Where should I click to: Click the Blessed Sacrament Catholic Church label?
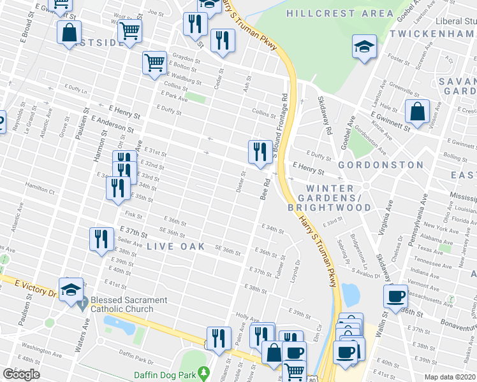[x=129, y=304]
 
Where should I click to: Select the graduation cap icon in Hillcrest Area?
[x=365, y=46]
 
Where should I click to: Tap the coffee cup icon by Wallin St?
[x=396, y=296]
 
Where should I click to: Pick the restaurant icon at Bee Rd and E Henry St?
[x=259, y=152]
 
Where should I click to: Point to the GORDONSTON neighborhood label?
[x=381, y=165]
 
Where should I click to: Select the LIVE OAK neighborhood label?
[x=176, y=246]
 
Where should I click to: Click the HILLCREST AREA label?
[x=340, y=13]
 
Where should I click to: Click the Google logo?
[x=21, y=374]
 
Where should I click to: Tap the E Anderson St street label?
[x=113, y=121]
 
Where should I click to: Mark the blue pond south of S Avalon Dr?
[x=350, y=294]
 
